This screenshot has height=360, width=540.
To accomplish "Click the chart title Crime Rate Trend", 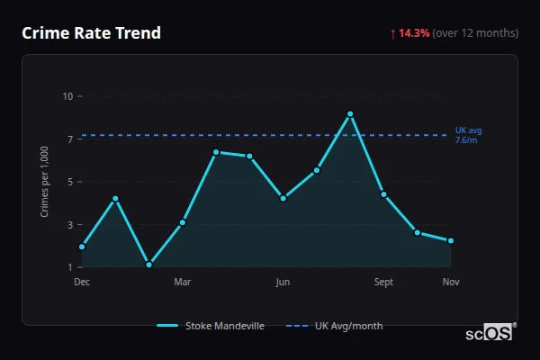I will coord(91,33).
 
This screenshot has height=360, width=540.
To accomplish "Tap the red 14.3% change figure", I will coord(415,33).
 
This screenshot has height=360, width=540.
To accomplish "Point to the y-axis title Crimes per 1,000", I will coord(45,181).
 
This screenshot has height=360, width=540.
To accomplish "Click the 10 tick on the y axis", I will coord(67,95).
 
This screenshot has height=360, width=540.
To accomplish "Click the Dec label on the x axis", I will coord(82,283).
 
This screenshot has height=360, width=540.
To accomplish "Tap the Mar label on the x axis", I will coord(183,283).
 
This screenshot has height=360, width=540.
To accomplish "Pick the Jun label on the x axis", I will coord(283,283).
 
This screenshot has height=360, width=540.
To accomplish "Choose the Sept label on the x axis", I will coord(383,283).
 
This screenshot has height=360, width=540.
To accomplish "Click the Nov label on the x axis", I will coord(451,283).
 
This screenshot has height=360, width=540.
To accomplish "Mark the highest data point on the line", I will coord(350,114).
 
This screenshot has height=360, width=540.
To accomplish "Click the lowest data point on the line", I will coord(148,265).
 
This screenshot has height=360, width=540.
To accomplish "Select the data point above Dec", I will coord(82,247).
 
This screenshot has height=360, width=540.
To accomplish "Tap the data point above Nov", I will coord(451,241).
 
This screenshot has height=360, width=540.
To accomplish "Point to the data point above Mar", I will coord(183,222).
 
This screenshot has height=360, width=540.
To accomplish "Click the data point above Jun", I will coord(283,198).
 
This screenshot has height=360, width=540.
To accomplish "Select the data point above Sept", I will coord(383,194).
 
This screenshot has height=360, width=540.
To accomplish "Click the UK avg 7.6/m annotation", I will coord(468,135).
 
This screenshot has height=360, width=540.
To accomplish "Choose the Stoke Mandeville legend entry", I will coord(211,326).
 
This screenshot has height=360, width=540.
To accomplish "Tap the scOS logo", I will coord(490,332).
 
